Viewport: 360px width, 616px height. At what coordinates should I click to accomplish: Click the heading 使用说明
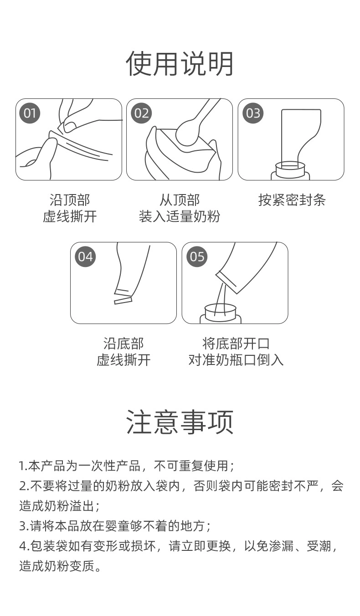(x=180, y=64)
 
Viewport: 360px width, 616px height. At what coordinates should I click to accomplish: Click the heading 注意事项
(x=180, y=422)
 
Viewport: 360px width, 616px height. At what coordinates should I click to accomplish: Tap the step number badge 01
(x=30, y=113)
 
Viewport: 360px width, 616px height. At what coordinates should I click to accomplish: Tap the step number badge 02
(x=141, y=113)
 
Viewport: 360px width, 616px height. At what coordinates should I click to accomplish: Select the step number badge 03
(x=253, y=113)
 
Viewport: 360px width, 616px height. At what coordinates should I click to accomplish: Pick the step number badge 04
(x=85, y=257)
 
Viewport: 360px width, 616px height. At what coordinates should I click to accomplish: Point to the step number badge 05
(x=197, y=257)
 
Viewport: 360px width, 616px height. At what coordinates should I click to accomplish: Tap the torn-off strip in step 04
(x=123, y=300)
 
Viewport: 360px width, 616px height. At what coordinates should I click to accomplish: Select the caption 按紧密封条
(x=292, y=200)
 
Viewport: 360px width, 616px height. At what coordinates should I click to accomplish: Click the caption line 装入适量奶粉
(x=180, y=216)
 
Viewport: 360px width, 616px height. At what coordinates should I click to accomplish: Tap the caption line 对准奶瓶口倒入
(x=236, y=359)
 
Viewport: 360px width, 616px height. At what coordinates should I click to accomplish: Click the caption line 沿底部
(x=123, y=344)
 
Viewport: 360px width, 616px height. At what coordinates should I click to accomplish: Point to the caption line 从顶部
(x=180, y=200)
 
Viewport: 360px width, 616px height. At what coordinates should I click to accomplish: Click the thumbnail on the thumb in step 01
(x=70, y=125)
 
